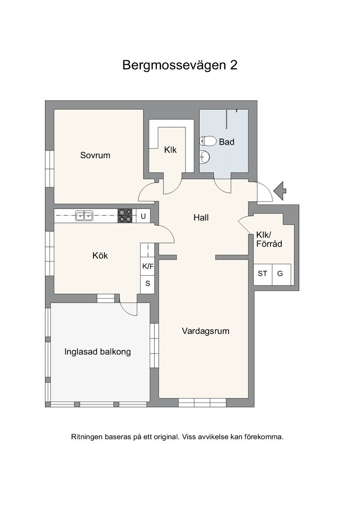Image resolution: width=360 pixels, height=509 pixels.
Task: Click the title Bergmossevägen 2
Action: [180, 65]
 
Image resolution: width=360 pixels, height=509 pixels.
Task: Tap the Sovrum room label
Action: [95, 155]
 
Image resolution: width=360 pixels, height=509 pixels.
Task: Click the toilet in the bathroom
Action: [208, 141]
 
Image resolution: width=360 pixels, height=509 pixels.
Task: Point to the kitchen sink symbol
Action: [84, 215]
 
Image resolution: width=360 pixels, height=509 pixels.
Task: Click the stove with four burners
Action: [125, 215]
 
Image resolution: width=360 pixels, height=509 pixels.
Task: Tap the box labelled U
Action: [143, 216]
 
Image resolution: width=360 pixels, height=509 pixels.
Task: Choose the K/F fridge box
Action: [148, 267]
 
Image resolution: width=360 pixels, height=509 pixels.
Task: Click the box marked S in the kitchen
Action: [148, 283]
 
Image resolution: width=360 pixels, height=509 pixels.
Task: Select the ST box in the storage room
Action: [262, 274]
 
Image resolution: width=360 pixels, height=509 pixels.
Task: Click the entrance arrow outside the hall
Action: [280, 191]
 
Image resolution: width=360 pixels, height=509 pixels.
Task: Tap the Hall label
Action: [201, 218]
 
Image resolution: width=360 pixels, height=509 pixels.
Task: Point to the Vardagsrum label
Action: [206, 331]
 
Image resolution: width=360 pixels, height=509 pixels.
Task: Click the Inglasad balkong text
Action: [98, 352]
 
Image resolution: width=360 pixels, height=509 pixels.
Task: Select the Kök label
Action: [100, 255]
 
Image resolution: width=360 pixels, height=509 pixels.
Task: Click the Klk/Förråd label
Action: [269, 239]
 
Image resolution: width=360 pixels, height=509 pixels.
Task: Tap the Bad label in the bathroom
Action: [226, 142]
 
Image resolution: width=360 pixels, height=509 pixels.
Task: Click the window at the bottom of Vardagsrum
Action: [202, 402]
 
